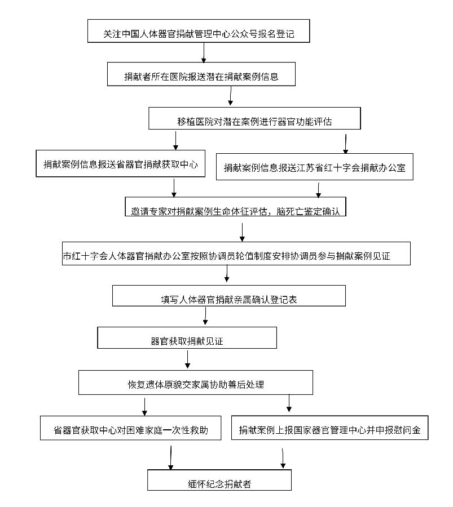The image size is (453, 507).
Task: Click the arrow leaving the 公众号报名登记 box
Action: click(x=204, y=52)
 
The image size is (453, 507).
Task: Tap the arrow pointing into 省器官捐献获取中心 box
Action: click(x=176, y=140)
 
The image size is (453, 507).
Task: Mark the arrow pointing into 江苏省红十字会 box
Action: click(x=345, y=144)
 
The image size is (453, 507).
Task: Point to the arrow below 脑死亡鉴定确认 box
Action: click(x=242, y=232)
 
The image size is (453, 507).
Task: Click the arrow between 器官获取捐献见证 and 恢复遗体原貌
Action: click(x=187, y=359)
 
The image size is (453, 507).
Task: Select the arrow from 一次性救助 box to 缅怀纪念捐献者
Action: click(x=170, y=457)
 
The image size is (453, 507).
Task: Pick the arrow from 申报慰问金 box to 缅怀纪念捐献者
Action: click(x=283, y=458)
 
